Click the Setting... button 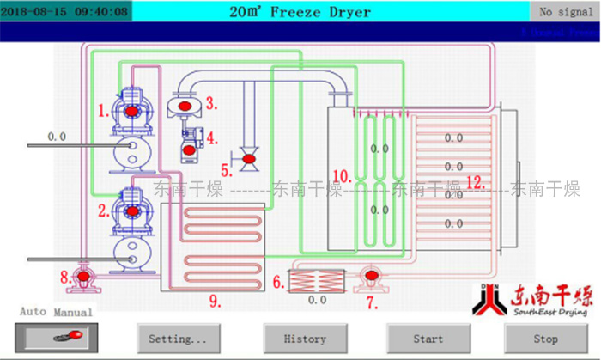(178, 339)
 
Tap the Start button (428, 339)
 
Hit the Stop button (545, 339)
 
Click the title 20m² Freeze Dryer (300, 12)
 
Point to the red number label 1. (102, 110)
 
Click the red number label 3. (210, 104)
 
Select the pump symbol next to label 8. (84, 276)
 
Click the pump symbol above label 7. (371, 277)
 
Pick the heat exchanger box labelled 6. (317, 280)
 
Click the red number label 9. (215, 301)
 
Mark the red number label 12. (475, 182)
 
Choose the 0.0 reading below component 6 (317, 301)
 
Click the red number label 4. (211, 136)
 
